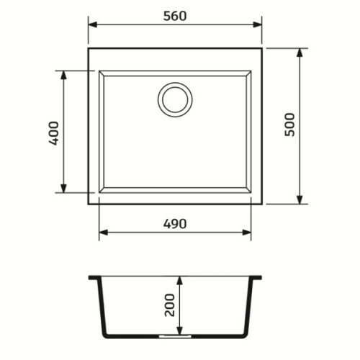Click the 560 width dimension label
[175, 16]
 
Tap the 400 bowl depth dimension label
[53, 132]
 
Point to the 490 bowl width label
[175, 223]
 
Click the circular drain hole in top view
[175, 99]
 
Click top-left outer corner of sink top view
[89, 49]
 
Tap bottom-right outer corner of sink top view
[261, 203]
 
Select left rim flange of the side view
[93, 277]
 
